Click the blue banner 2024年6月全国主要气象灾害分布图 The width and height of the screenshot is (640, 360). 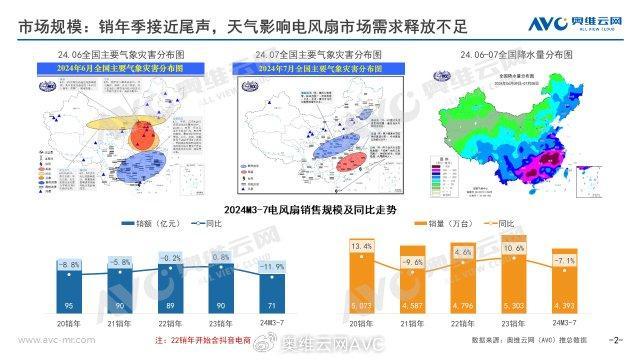click(108, 68)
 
